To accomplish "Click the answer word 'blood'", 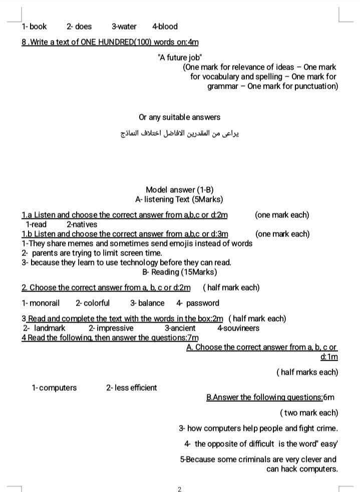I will pyautogui.click(x=167, y=27).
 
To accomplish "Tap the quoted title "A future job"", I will pyautogui.click(x=179, y=57).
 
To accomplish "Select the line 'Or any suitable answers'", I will pyautogui.click(x=179, y=117).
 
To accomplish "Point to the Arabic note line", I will pyautogui.click(x=180, y=134).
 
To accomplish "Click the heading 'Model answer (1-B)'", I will pyautogui.click(x=179, y=189).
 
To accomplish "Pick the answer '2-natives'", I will pyautogui.click(x=82, y=224).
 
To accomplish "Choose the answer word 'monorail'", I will pyautogui.click(x=45, y=303).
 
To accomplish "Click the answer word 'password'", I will pyautogui.click(x=202, y=303).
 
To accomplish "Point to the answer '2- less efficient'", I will pyautogui.click(x=131, y=388).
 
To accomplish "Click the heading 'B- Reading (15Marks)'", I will pyautogui.click(x=179, y=272).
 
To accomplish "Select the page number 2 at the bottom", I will pyautogui.click(x=179, y=489).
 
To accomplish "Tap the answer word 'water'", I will pyautogui.click(x=127, y=27).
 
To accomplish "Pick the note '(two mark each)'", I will pyautogui.click(x=309, y=413).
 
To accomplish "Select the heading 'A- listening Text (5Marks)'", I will pyautogui.click(x=179, y=199).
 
